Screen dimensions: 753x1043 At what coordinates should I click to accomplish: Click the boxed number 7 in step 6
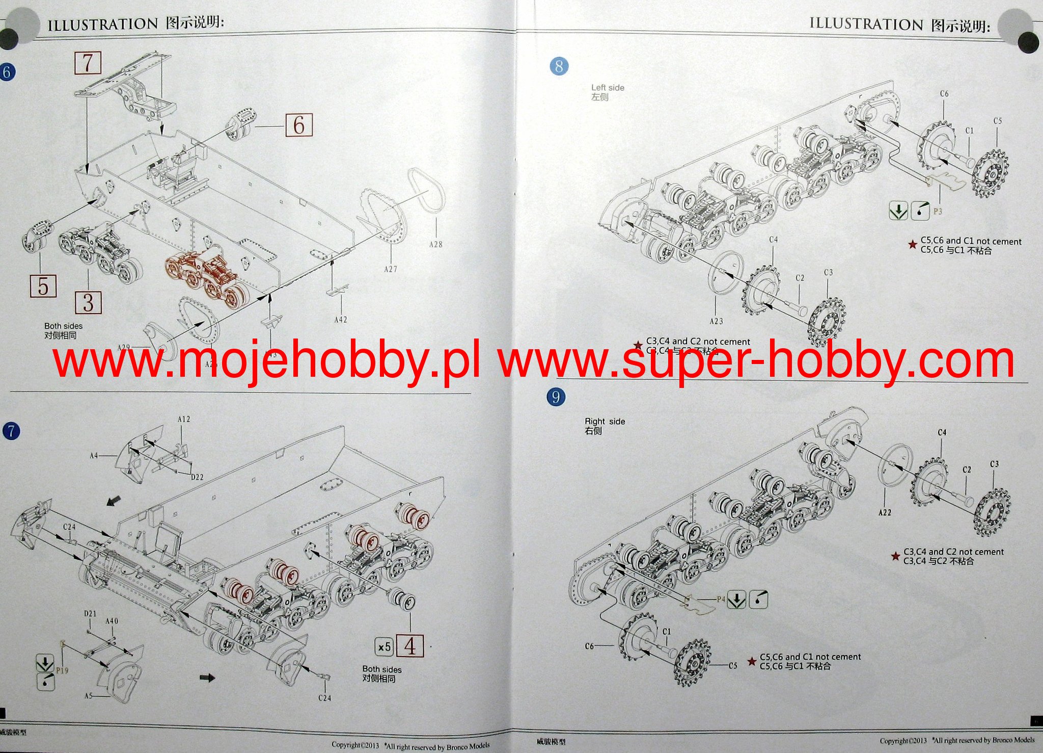[88, 63]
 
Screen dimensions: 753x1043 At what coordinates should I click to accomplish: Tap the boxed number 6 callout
[298, 125]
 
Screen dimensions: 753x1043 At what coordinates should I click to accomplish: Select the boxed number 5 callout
[43, 286]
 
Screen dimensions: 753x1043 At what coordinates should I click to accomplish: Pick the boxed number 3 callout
[88, 302]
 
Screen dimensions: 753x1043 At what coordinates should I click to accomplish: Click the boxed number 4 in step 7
[409, 646]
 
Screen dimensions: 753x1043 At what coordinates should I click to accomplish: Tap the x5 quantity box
[384, 647]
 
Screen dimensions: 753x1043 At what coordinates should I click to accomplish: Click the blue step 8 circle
[559, 66]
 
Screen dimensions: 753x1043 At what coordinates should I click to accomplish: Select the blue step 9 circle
[556, 397]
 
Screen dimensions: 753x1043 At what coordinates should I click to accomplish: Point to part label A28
[435, 245]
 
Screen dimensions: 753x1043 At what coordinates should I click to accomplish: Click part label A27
[391, 269]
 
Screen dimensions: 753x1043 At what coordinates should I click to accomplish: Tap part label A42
[341, 320]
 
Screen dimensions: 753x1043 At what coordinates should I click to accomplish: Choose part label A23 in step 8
[716, 321]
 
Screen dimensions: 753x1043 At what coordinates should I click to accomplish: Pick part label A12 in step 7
[184, 419]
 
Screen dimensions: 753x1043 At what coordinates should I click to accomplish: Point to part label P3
[938, 212]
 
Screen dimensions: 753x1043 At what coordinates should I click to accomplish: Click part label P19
[62, 670]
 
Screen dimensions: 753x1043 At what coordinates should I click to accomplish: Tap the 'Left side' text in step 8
[607, 88]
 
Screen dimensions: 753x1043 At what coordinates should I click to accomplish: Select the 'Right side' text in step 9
[605, 422]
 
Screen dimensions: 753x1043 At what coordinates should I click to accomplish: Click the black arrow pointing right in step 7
[207, 678]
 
